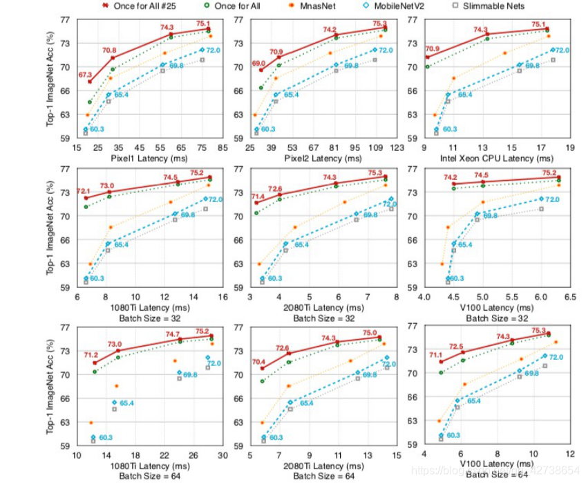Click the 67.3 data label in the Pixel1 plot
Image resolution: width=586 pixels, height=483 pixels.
[x=86, y=74]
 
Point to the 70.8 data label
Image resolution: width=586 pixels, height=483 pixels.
[x=109, y=51]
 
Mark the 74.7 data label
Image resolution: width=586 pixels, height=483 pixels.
[x=173, y=334]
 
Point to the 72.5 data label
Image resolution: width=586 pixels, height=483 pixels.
[x=457, y=347]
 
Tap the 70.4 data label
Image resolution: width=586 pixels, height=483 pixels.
[x=258, y=361]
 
